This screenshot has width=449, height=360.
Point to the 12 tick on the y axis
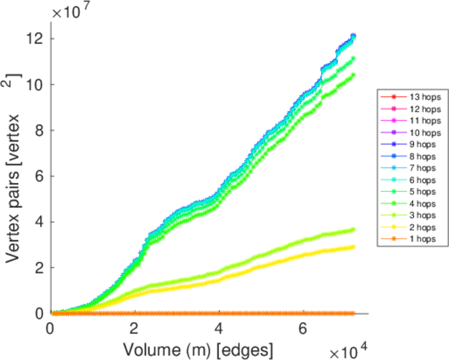click(x=37, y=38)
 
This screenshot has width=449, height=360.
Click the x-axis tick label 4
click(x=219, y=329)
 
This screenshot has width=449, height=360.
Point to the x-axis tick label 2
click(x=135, y=329)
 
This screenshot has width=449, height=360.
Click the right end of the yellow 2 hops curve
click(x=354, y=247)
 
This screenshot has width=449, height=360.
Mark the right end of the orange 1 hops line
click(x=354, y=313)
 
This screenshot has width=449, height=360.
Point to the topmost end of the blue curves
click(x=354, y=35)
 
